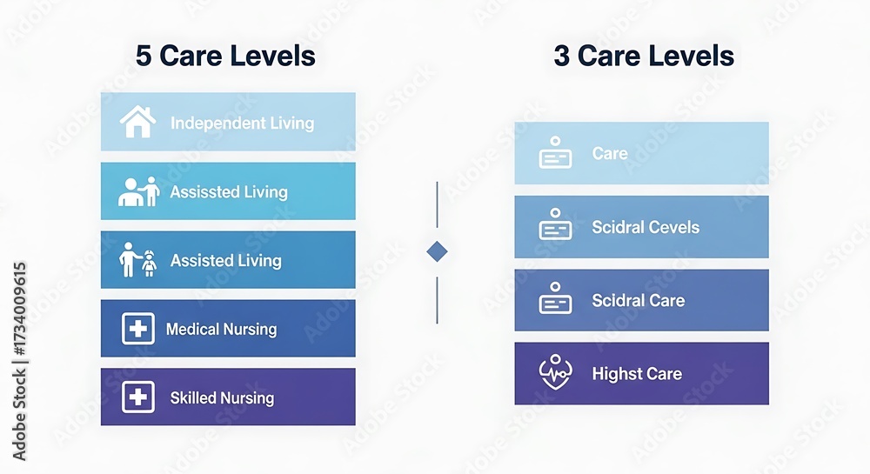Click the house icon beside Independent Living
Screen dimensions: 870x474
(x=137, y=122)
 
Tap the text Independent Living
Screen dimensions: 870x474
(x=242, y=124)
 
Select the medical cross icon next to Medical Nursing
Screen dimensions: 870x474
(x=138, y=329)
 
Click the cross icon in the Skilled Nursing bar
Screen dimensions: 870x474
(x=138, y=397)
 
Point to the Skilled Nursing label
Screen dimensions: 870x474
(x=222, y=398)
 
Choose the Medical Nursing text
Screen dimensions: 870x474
(x=221, y=330)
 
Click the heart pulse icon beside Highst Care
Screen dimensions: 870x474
(x=555, y=372)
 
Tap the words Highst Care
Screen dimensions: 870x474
(x=637, y=374)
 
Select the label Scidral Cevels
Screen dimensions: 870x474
(x=646, y=227)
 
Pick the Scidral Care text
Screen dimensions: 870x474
(x=638, y=300)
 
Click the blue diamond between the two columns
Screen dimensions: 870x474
(x=438, y=251)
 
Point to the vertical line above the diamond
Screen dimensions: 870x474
(x=438, y=204)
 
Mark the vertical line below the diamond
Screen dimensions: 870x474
(x=438, y=300)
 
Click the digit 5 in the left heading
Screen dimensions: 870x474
(x=144, y=56)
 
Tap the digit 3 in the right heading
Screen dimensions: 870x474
(x=561, y=56)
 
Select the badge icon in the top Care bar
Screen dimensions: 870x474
(x=555, y=152)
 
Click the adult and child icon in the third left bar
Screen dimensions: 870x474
(x=137, y=259)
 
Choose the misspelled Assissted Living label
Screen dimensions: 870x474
(x=229, y=192)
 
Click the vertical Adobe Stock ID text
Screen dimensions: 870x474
(x=19, y=362)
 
